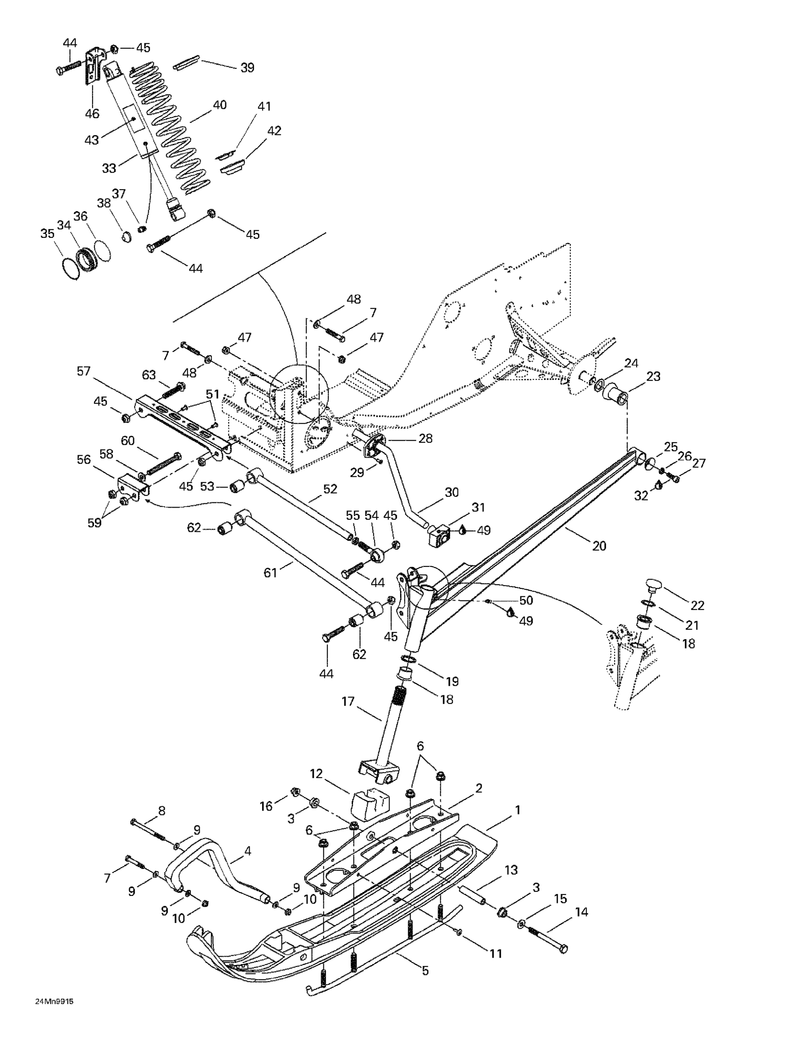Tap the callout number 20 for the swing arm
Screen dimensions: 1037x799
tap(599, 546)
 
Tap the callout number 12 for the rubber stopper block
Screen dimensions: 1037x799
tap(316, 774)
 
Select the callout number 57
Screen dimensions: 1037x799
tap(84, 371)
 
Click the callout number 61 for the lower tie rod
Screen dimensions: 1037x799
tap(270, 573)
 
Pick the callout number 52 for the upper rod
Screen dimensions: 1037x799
tap(330, 488)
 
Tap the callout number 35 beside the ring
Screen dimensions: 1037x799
tap(47, 234)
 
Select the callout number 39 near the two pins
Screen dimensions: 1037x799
tap(247, 67)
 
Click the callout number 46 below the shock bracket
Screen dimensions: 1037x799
tap(92, 113)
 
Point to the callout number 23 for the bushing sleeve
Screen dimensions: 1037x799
tap(653, 376)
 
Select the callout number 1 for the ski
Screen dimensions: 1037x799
tap(517, 810)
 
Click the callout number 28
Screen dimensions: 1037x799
tap(425, 438)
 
